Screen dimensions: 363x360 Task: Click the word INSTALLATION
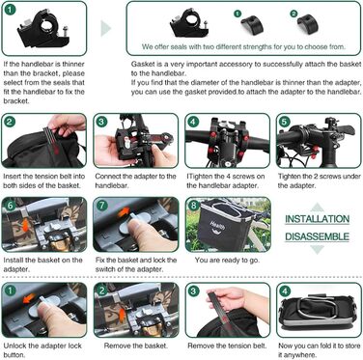[317, 219]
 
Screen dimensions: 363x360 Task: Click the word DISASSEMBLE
[317, 236]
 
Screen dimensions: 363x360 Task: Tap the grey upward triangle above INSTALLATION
[318, 207]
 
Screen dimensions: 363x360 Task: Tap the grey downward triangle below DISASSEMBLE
[318, 249]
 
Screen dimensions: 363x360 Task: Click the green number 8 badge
[193, 206]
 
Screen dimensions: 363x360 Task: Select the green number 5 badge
[284, 122]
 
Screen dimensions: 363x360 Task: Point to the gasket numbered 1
[252, 25]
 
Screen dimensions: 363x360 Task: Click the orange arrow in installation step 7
[123, 212]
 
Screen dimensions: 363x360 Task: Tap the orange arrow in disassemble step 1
[29, 299]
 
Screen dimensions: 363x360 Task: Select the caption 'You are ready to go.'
[227, 260]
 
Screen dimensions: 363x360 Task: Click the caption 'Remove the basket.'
[136, 346]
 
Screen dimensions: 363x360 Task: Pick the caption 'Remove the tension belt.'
[227, 346]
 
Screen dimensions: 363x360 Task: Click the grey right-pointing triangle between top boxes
[106, 28]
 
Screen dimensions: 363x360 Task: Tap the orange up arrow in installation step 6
[24, 224]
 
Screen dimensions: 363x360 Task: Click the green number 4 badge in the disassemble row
[285, 291]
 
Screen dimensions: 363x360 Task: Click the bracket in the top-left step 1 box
[42, 29]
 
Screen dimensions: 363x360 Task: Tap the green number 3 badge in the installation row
[101, 122]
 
